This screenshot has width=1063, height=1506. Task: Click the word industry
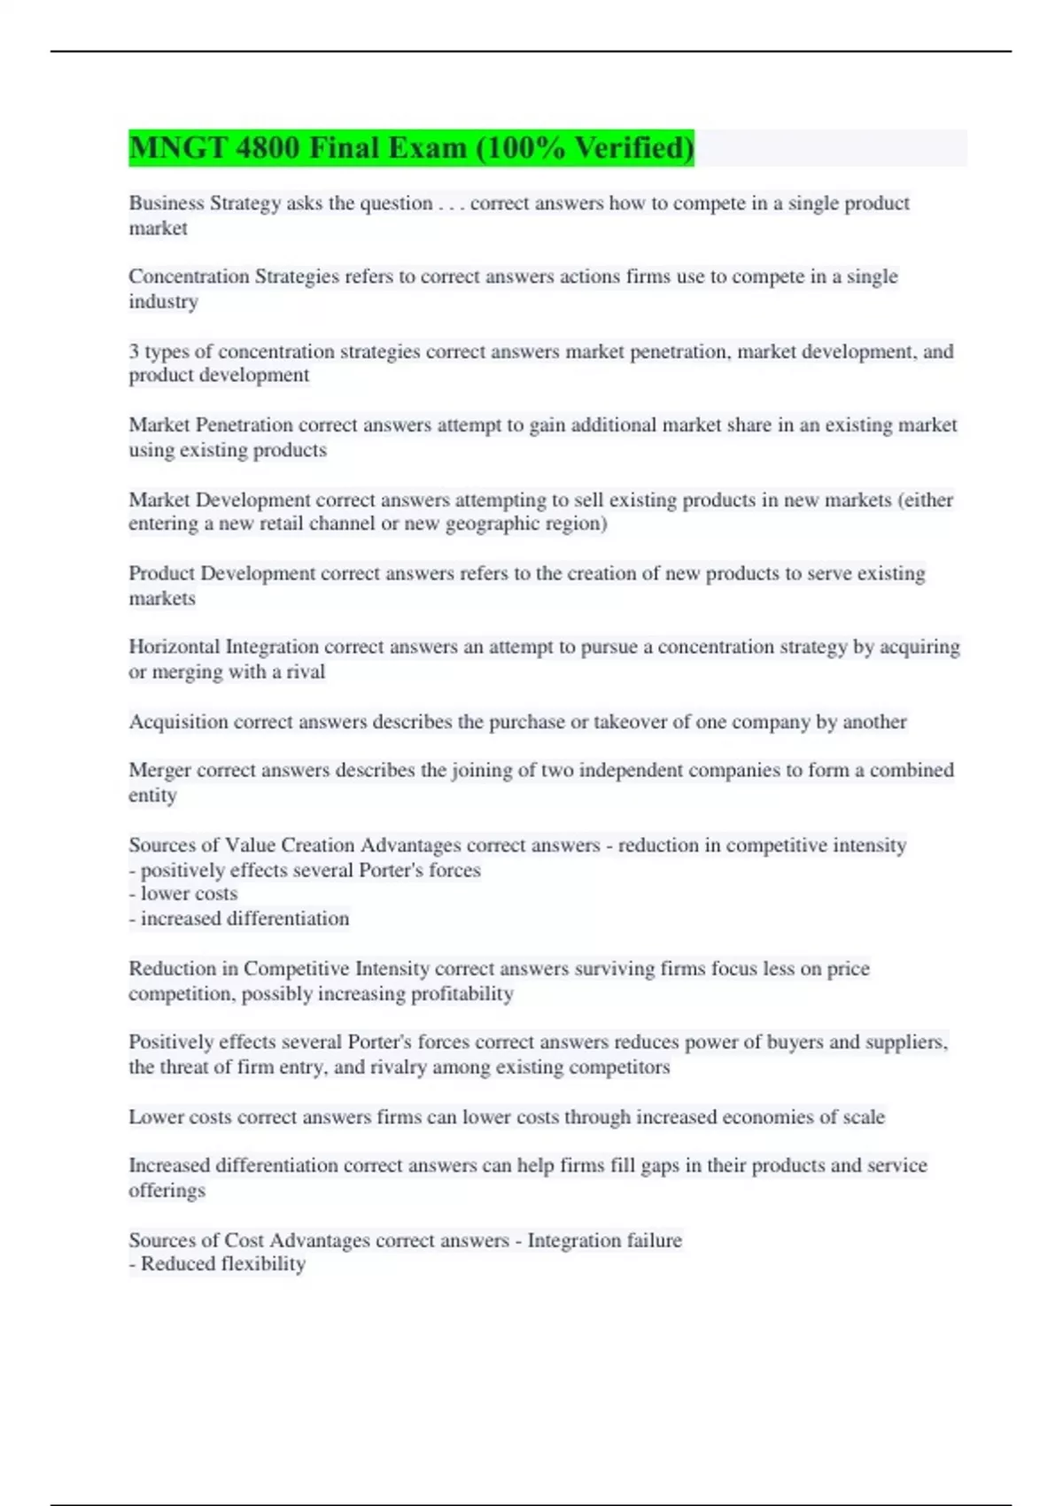point(163,301)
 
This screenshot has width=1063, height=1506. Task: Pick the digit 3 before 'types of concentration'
point(134,351)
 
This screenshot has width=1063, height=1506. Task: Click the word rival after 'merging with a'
point(306,671)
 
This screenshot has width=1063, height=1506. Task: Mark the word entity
point(152,795)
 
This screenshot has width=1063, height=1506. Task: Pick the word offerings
point(167,1190)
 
